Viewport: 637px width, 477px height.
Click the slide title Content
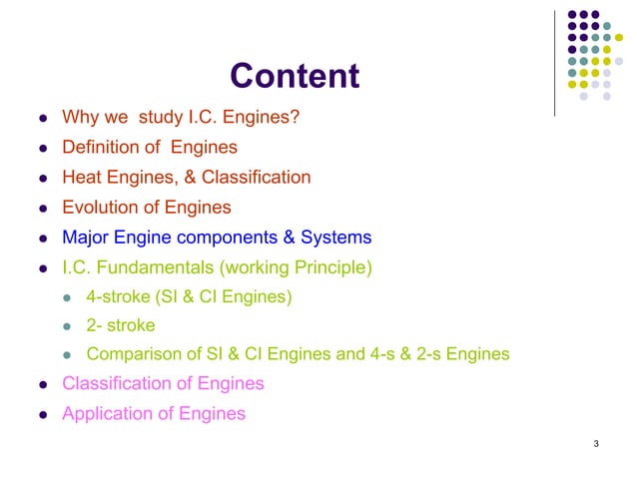(x=294, y=76)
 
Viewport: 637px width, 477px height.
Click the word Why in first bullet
(x=79, y=119)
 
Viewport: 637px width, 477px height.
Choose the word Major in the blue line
(x=84, y=238)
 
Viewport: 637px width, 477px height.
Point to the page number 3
(x=595, y=443)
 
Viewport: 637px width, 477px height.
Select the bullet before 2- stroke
(x=68, y=326)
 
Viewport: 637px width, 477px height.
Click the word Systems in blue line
(x=336, y=238)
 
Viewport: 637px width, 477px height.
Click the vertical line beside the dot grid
(x=555, y=60)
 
